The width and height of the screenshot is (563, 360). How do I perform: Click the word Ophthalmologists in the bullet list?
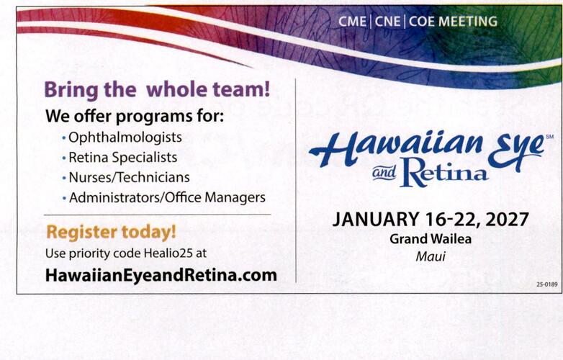pyautogui.click(x=125, y=138)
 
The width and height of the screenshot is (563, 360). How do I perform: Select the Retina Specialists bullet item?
pyautogui.click(x=123, y=158)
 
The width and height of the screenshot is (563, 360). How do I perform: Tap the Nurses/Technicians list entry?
pyautogui.click(x=129, y=177)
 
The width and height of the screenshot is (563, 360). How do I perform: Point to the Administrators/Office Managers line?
pyautogui.click(x=167, y=197)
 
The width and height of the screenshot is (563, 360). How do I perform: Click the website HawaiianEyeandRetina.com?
pyautogui.click(x=161, y=275)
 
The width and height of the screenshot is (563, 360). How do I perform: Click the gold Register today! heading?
pyautogui.click(x=112, y=232)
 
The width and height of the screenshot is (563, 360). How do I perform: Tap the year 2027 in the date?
pyautogui.click(x=507, y=220)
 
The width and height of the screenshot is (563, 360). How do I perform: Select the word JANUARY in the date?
pyautogui.click(x=375, y=220)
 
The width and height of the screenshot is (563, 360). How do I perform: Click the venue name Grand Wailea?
pyautogui.click(x=431, y=239)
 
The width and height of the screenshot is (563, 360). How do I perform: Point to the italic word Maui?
pyautogui.click(x=431, y=256)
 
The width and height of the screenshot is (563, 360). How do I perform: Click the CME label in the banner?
pyautogui.click(x=352, y=22)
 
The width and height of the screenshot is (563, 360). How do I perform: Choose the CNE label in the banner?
pyautogui.click(x=387, y=22)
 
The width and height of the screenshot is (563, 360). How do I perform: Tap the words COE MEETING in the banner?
pyautogui.click(x=453, y=22)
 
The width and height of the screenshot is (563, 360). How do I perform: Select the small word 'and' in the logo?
pyautogui.click(x=384, y=173)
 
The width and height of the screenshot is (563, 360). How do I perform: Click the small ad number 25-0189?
pyautogui.click(x=547, y=284)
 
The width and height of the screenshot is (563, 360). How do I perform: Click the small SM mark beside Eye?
pyautogui.click(x=549, y=137)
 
